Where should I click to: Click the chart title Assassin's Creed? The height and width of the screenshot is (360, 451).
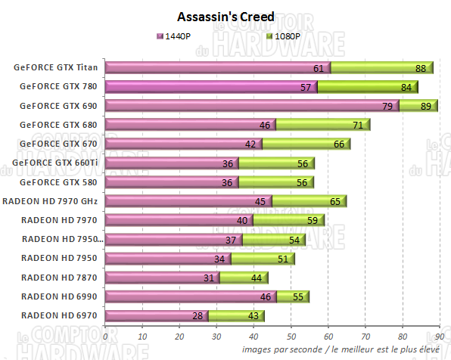(x=225, y=16)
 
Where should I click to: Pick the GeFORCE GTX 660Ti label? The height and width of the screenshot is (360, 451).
(x=59, y=163)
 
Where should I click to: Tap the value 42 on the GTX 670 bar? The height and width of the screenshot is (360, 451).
(x=252, y=144)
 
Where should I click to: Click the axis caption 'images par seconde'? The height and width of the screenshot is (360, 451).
(x=281, y=349)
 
